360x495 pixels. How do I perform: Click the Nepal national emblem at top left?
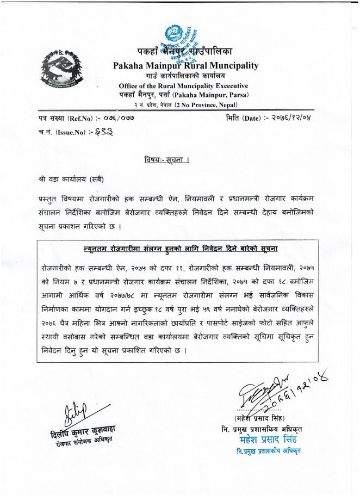coord(58,70)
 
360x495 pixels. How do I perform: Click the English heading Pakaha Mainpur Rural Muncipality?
coord(185,66)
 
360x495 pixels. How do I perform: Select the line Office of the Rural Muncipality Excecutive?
coord(183,85)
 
